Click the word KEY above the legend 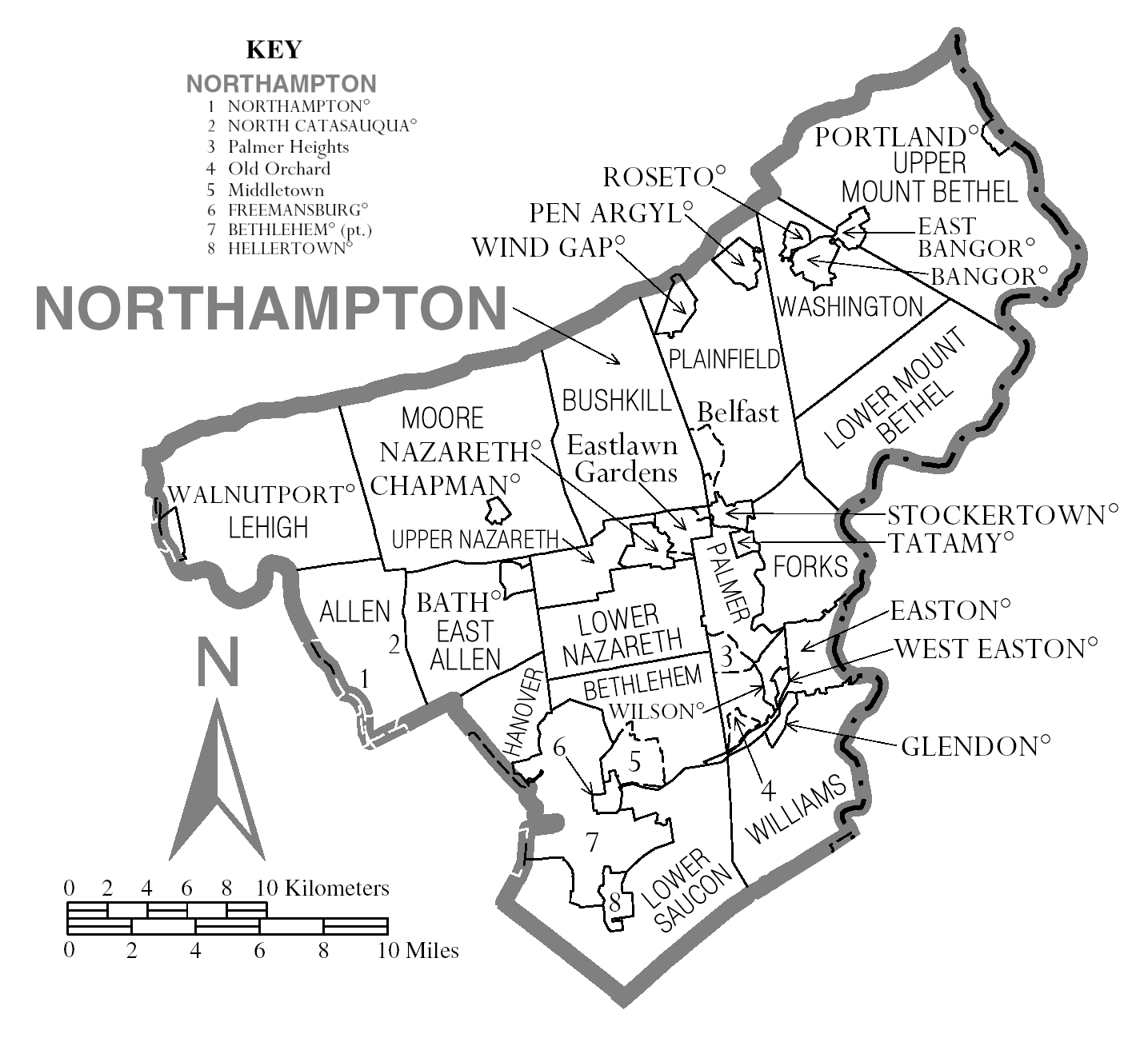274,50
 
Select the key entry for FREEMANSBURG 298,211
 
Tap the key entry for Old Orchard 278,169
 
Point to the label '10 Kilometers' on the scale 323,888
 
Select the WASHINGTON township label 850,306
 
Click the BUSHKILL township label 617,400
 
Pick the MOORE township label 442,418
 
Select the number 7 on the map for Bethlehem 592,842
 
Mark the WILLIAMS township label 796,808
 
